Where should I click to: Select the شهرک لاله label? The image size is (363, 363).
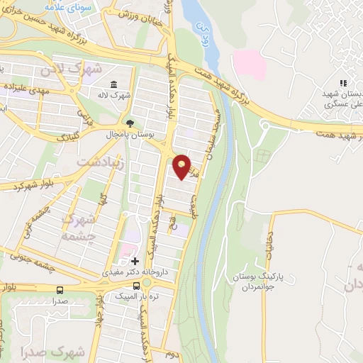coord(115,94)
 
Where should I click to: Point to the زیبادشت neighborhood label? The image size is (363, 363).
coord(99,162)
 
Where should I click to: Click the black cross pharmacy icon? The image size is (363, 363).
coord(135,261)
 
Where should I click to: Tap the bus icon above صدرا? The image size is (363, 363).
coord(59,289)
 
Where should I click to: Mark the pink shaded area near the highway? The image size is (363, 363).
coord(249,64)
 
